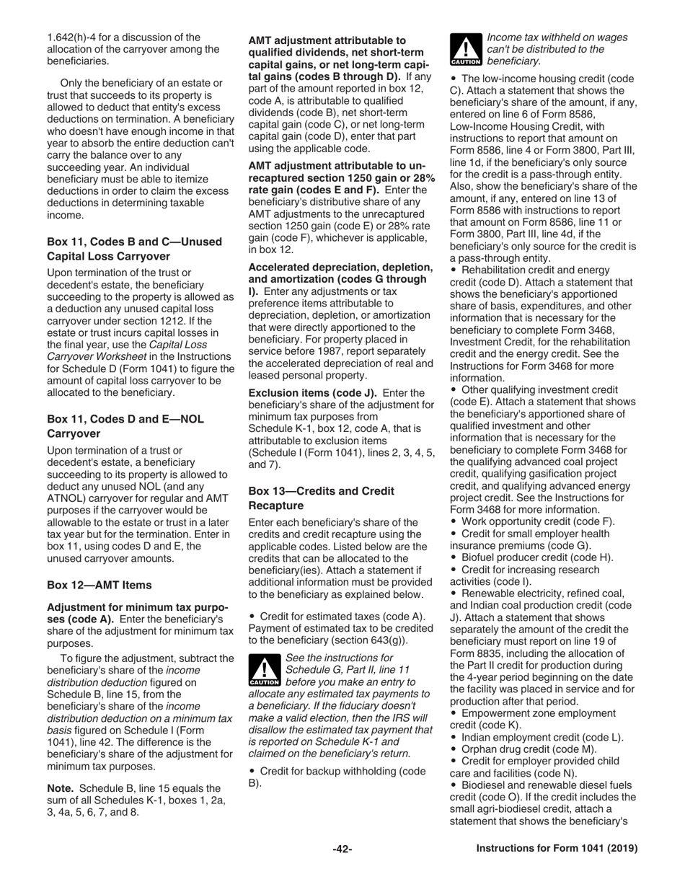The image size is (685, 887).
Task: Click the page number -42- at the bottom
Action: pos(342,850)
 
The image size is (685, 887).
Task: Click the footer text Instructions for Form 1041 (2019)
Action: pos(557,850)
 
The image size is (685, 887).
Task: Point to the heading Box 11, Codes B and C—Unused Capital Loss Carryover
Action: pos(134,249)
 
